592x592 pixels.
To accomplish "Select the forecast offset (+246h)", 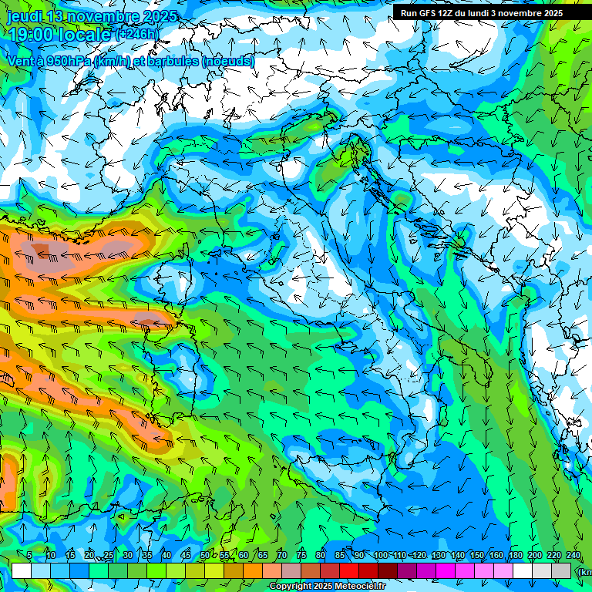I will click(138, 35).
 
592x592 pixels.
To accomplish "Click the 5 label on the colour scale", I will click(29, 556).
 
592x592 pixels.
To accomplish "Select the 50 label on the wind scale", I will click(205, 556).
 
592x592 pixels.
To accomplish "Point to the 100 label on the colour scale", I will click(380, 556).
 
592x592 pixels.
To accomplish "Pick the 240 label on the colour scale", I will click(573, 556).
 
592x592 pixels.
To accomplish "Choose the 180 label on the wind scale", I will click(515, 556).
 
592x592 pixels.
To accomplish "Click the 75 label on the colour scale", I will click(301, 556).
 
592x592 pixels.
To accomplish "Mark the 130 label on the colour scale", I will click(438, 556).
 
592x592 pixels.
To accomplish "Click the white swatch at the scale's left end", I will click(22, 570).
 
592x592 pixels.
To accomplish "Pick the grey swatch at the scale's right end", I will click(562, 570).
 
